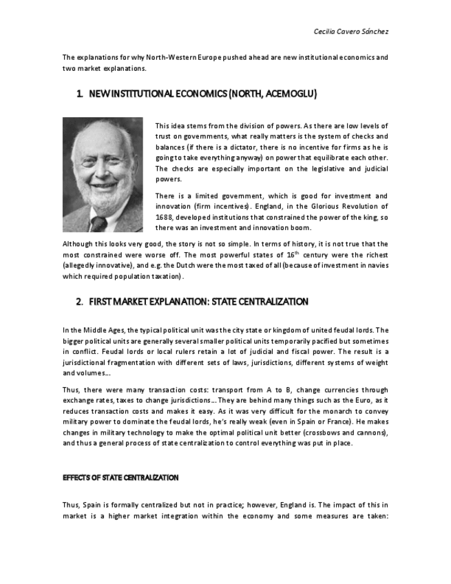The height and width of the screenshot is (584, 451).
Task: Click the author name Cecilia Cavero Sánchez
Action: click(x=352, y=32)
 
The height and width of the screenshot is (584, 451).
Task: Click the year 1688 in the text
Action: click(x=164, y=217)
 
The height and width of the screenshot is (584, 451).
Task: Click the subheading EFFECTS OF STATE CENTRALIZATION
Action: click(x=120, y=477)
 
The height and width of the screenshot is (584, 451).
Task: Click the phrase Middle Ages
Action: click(x=97, y=330)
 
